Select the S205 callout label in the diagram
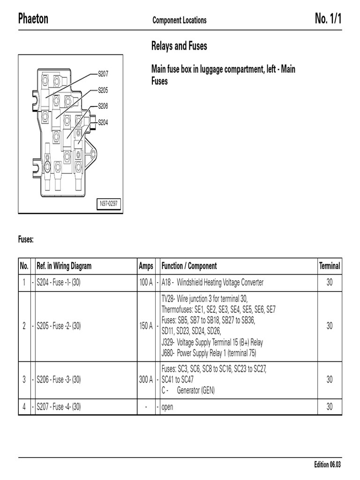pyautogui.click(x=103, y=90)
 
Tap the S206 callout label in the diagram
pyautogui.click(x=103, y=106)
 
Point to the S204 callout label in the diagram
pyautogui.click(x=103, y=122)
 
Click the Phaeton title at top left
pyautogui.click(x=33, y=19)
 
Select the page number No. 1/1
pyautogui.click(x=328, y=19)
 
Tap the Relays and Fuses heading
pyautogui.click(x=179, y=46)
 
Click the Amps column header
pyautogui.click(x=146, y=266)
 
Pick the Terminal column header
pyautogui.click(x=330, y=266)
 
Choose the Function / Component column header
pyautogui.click(x=189, y=266)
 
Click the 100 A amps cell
pyautogui.click(x=146, y=283)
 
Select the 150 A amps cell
pyautogui.click(x=146, y=326)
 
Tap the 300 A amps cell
pyautogui.click(x=146, y=380)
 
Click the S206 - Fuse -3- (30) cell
pyautogui.click(x=59, y=380)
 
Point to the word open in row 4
pyautogui.click(x=167, y=407)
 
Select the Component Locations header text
pyautogui.click(x=179, y=20)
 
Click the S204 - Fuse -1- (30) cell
pyautogui.click(x=59, y=283)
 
